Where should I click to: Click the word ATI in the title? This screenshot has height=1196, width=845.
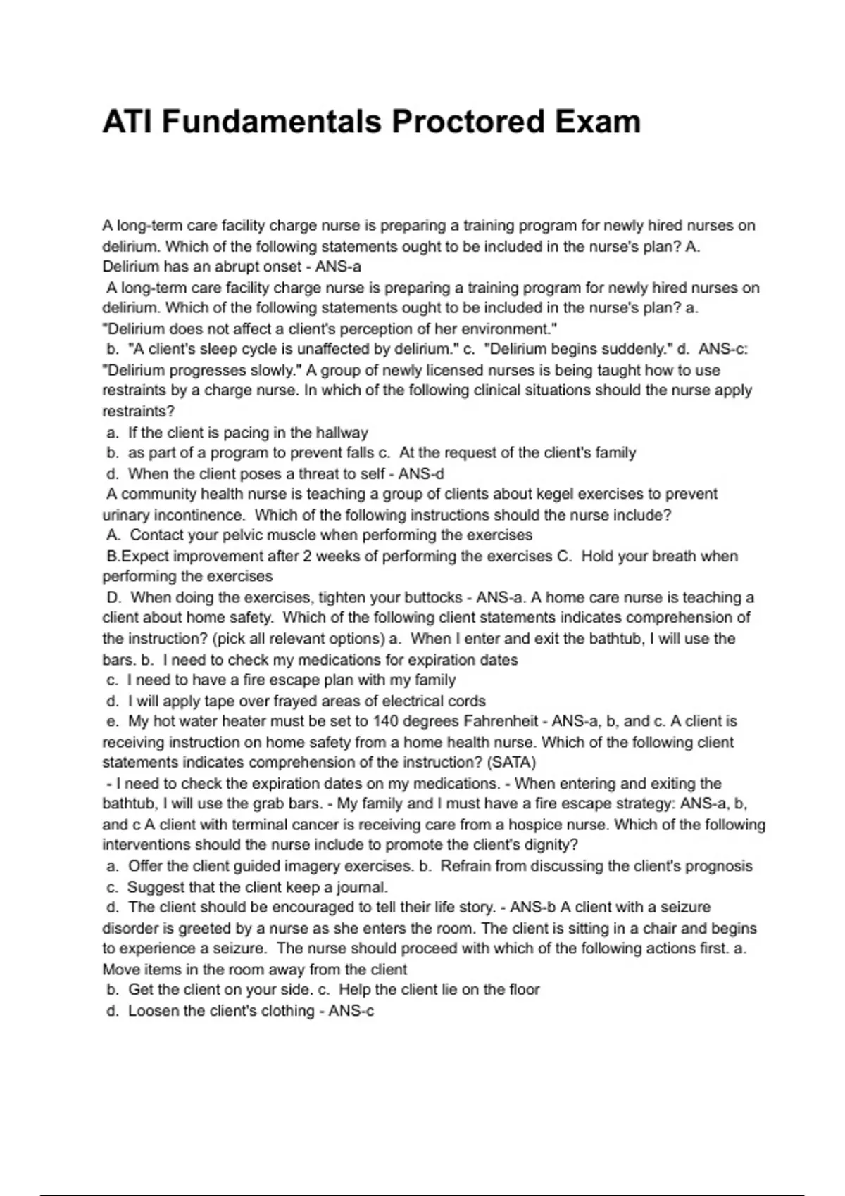[127, 122]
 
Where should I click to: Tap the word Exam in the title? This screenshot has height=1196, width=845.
[597, 122]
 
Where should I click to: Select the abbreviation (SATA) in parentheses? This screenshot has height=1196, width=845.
[511, 763]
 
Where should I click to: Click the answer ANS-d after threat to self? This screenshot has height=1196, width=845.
[420, 473]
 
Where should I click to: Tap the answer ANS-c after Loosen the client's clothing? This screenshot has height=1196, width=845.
[351, 1011]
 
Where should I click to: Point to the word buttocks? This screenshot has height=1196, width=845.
[429, 597]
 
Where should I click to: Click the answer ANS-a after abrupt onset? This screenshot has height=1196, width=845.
[338, 267]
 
